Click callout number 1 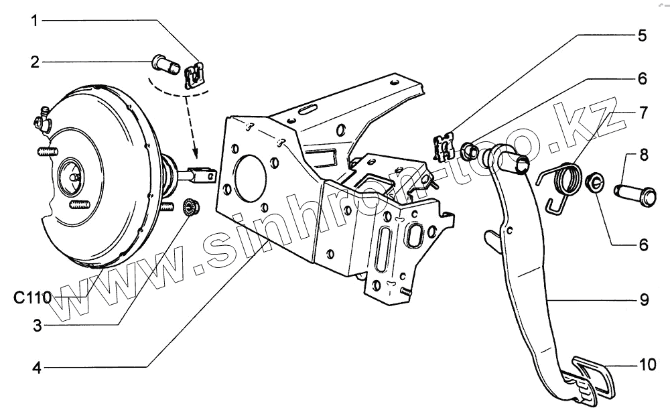(x=36, y=20)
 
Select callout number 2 (x=36, y=62)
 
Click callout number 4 (x=38, y=368)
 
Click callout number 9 (x=643, y=300)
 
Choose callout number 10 (x=646, y=366)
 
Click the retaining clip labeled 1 (x=194, y=74)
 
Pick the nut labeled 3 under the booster (x=189, y=208)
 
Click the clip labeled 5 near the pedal (x=444, y=147)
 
